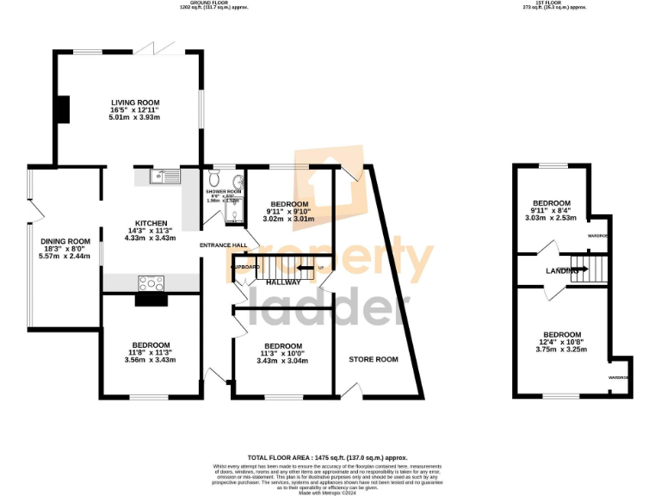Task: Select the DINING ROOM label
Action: tap(65, 241)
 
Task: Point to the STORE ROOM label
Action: tap(373, 359)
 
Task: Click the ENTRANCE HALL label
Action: tap(223, 246)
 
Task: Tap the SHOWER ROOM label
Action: tap(225, 191)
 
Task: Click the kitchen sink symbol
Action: tap(162, 177)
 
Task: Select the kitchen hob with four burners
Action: tap(151, 282)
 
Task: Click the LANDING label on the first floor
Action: tap(561, 271)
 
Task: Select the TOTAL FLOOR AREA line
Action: tap(327, 458)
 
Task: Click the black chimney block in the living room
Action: tap(62, 109)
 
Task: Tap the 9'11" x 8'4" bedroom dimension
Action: tap(552, 211)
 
